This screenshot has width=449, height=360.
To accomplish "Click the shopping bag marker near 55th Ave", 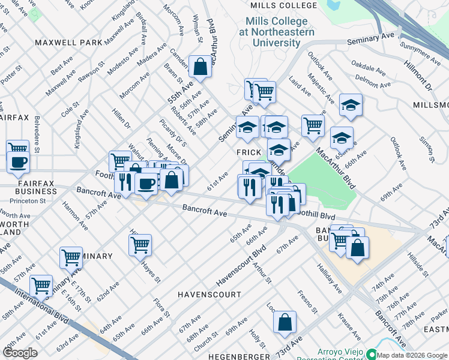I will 200,67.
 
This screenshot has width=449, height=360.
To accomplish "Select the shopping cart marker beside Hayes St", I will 140,244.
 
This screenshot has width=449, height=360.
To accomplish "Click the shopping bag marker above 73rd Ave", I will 285,322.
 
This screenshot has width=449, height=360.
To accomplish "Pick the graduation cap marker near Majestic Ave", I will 351,106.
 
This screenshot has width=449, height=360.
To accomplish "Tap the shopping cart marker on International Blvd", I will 41,286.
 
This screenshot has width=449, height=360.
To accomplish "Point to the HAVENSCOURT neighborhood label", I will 209,295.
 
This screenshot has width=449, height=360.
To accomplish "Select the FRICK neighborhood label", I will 249,152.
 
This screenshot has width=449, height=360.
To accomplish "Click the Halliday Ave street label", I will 329,280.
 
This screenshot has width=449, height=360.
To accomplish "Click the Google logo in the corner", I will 20,352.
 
